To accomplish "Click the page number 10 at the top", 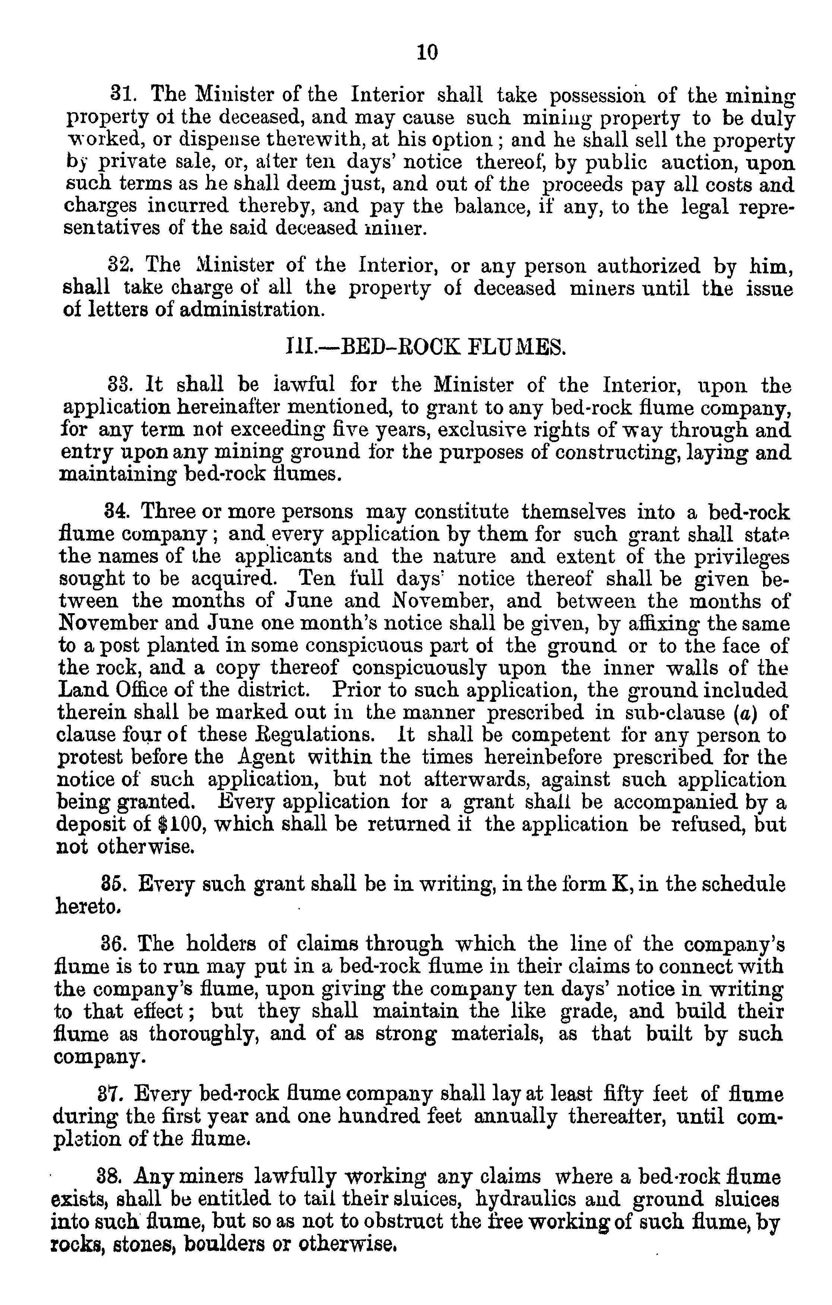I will [427, 53].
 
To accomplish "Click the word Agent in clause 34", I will [264, 757].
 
